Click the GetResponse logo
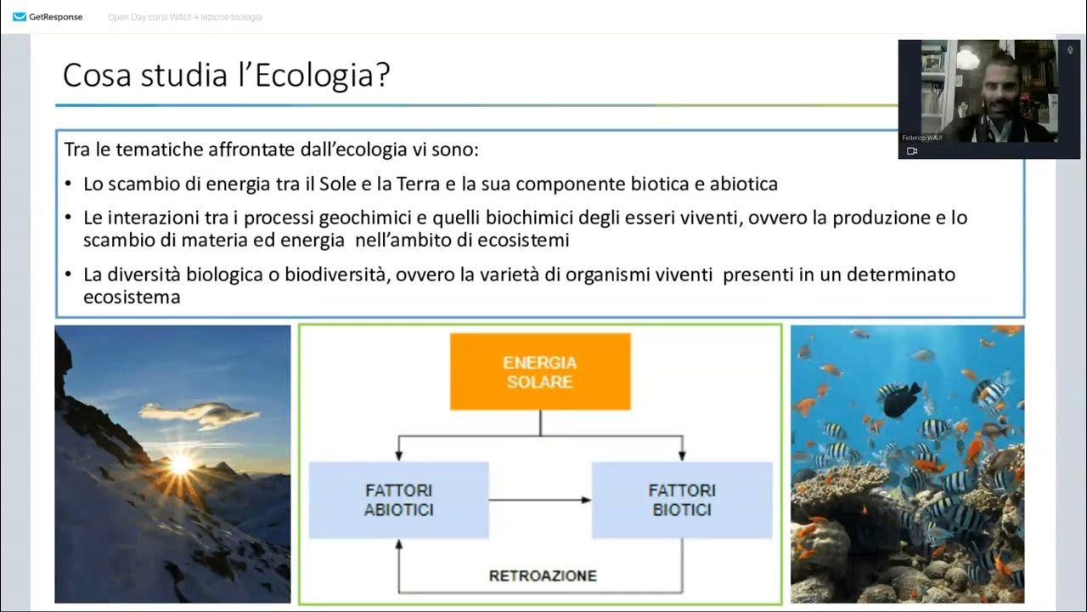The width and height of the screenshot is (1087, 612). pos(48,17)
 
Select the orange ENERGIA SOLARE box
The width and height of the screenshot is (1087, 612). pos(540,372)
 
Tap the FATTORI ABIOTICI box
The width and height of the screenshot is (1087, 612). pos(399,500)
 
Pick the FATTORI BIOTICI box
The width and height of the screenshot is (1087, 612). pos(681,500)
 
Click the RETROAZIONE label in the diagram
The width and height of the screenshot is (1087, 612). pos(542,575)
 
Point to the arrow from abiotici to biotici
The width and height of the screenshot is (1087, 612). pos(540,500)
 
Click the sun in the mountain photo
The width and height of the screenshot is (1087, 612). pos(181,463)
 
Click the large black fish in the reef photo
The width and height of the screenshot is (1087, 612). pos(902,399)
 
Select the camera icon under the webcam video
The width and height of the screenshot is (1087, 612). pos(912,150)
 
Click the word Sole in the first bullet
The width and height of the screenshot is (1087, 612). pos(350,184)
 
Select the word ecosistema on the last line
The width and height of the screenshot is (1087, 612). pos(132,297)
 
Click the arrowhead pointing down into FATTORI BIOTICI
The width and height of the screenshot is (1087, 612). pos(681,456)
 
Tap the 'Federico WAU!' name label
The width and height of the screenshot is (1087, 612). pos(922,137)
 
